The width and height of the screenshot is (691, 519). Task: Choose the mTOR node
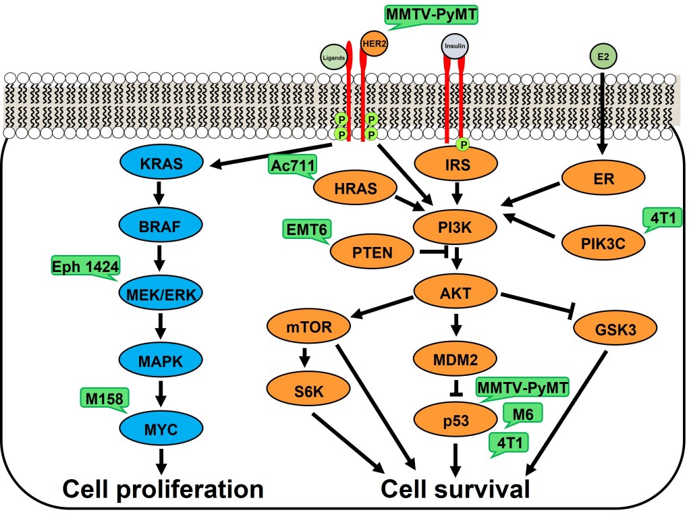(x=308, y=327)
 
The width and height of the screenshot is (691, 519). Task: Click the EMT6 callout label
(x=307, y=229)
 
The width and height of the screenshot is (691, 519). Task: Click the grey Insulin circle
(x=455, y=47)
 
